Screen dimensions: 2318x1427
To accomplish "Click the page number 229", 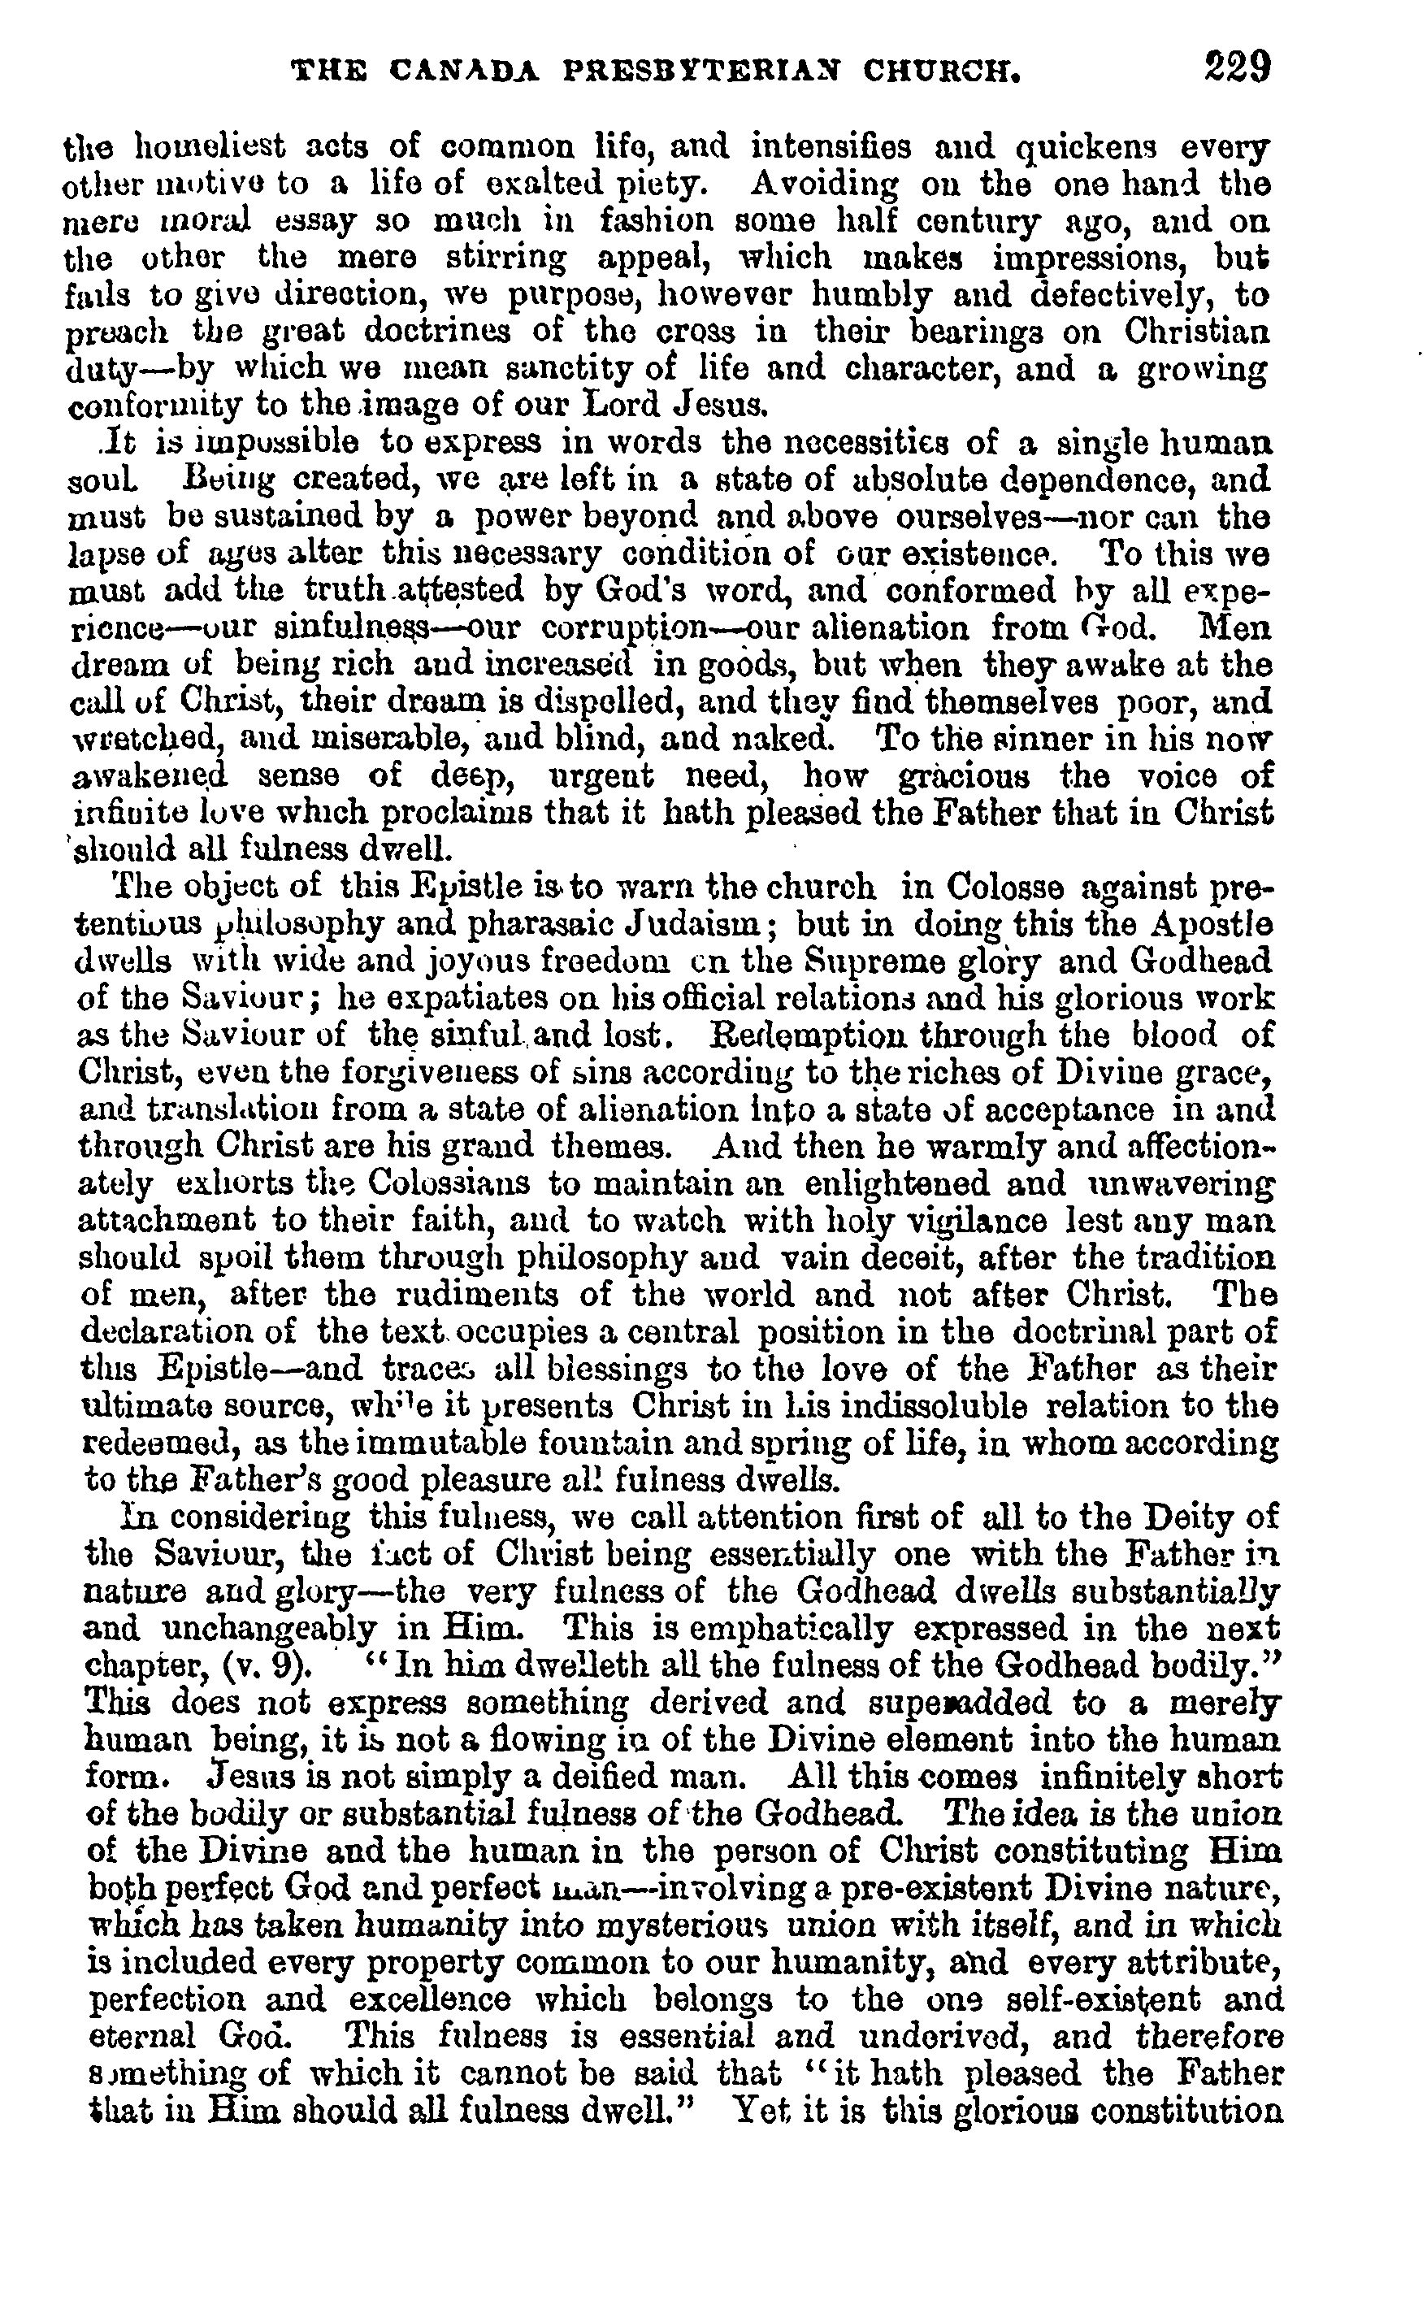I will coord(1238,68).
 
